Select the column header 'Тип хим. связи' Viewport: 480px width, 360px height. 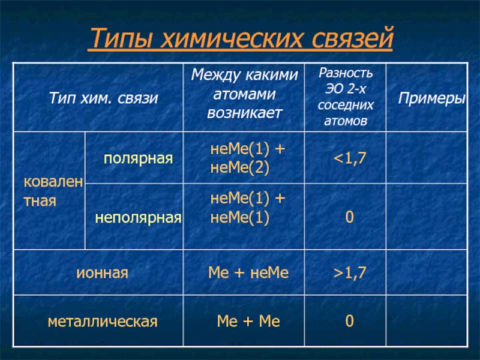click(x=103, y=98)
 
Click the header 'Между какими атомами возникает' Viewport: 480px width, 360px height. click(x=244, y=94)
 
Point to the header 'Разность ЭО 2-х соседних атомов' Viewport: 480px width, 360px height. click(x=346, y=97)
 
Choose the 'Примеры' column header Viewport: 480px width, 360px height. click(x=431, y=98)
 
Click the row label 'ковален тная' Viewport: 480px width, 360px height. click(x=53, y=191)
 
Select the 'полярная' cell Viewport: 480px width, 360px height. click(x=138, y=158)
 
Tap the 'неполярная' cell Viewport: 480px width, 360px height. click(x=138, y=217)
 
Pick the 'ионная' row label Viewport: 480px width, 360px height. click(x=102, y=272)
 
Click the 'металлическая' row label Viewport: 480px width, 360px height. click(x=103, y=322)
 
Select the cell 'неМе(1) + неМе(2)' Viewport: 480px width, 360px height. click(x=247, y=158)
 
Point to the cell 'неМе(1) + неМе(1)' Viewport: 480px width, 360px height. click(x=247, y=208)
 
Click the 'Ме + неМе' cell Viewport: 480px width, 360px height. click(x=248, y=272)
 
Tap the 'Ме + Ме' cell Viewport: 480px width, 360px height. click(x=248, y=322)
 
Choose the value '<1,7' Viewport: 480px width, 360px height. click(x=350, y=158)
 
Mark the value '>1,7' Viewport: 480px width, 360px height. click(x=350, y=272)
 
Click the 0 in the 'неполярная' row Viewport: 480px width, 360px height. click(x=349, y=217)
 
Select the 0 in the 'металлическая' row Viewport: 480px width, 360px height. click(x=349, y=321)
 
